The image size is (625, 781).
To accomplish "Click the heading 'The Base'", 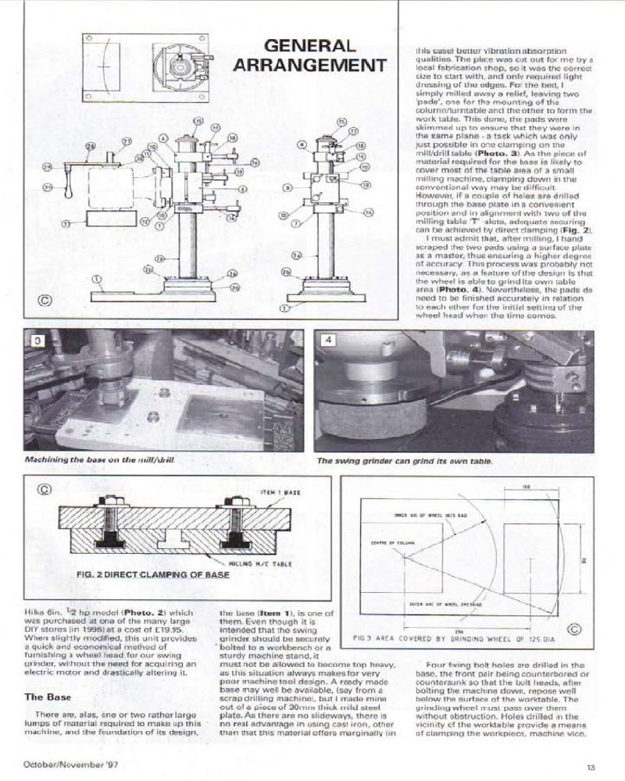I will click(50, 695).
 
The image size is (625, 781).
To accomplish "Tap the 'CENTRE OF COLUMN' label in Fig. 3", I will click(384, 542).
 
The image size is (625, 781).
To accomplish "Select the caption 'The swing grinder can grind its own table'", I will click(404, 461).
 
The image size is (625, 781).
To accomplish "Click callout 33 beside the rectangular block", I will click(66, 223).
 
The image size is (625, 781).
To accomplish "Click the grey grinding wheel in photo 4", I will click(367, 422).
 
